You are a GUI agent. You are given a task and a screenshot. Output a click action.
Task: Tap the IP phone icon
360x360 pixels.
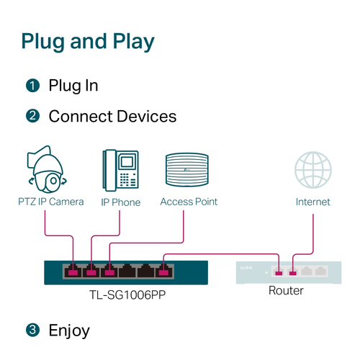(x=120, y=169)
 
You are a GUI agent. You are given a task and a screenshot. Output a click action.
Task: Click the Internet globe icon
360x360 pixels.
(x=312, y=170)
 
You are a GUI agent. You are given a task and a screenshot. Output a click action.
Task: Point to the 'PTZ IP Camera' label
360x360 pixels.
(x=51, y=202)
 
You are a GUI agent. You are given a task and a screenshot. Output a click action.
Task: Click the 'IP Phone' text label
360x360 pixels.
(x=120, y=202)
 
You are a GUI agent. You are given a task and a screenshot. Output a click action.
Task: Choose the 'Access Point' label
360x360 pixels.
(x=189, y=202)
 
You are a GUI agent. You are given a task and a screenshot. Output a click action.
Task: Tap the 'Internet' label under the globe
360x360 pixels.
(x=312, y=202)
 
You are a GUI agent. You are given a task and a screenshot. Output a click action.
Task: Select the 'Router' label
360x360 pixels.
(x=286, y=291)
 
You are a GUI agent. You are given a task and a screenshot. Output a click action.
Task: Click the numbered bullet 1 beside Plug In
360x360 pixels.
(x=32, y=86)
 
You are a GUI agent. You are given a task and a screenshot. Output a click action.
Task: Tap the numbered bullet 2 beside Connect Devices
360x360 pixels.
(x=32, y=116)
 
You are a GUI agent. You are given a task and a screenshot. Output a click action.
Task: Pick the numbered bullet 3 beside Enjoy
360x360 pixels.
(x=32, y=330)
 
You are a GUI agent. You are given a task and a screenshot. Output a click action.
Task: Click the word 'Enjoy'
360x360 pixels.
(x=69, y=330)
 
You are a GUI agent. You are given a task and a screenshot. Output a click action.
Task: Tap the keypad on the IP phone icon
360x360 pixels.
(x=127, y=177)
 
